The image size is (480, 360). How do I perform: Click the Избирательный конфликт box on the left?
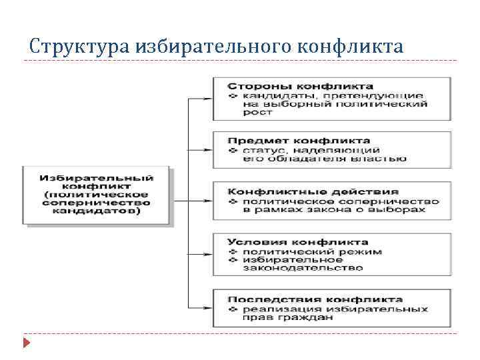tap(97, 194)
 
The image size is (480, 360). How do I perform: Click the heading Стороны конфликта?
tap(301, 87)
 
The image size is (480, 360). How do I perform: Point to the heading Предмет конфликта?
tap(299, 141)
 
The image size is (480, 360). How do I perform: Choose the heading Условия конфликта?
tap(297, 242)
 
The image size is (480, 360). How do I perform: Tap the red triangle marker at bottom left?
tap(26, 344)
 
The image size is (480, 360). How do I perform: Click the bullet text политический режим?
tap(313, 251)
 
